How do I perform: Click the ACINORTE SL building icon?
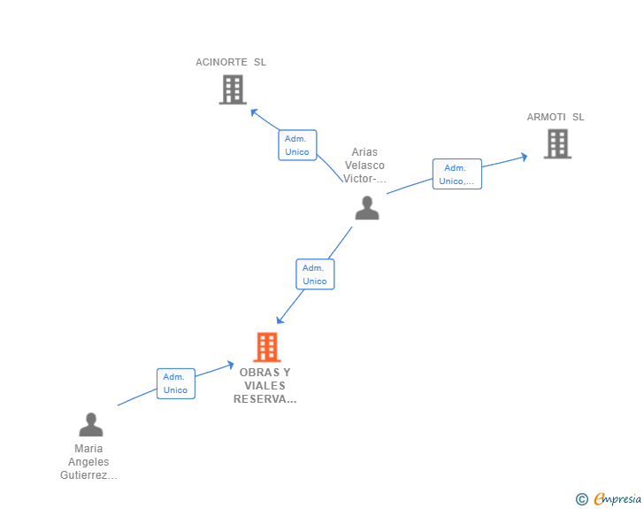coord(233,89)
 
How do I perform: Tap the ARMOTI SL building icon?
coord(557,144)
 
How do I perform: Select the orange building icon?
coord(267,347)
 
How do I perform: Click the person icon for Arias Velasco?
coord(367,208)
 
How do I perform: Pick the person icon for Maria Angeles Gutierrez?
coord(91,424)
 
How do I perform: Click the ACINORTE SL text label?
coord(231,62)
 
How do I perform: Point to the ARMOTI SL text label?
coord(556,117)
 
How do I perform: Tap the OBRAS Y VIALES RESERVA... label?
coord(264,386)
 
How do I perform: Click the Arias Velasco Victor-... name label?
coord(364,166)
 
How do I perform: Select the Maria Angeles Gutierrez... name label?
coord(88,462)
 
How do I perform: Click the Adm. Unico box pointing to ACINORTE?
coord(297,145)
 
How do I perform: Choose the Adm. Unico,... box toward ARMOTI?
coord(457,174)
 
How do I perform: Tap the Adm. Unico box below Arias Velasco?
coord(315,274)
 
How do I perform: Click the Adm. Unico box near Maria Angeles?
coord(176,383)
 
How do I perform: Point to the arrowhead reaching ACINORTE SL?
coord(254,112)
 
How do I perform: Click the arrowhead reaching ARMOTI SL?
coord(524,157)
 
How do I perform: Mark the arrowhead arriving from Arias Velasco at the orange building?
coord(280,320)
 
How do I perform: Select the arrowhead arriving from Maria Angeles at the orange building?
coord(230,365)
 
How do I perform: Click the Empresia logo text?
coord(617,498)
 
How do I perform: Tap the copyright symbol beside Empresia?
coord(581,499)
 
